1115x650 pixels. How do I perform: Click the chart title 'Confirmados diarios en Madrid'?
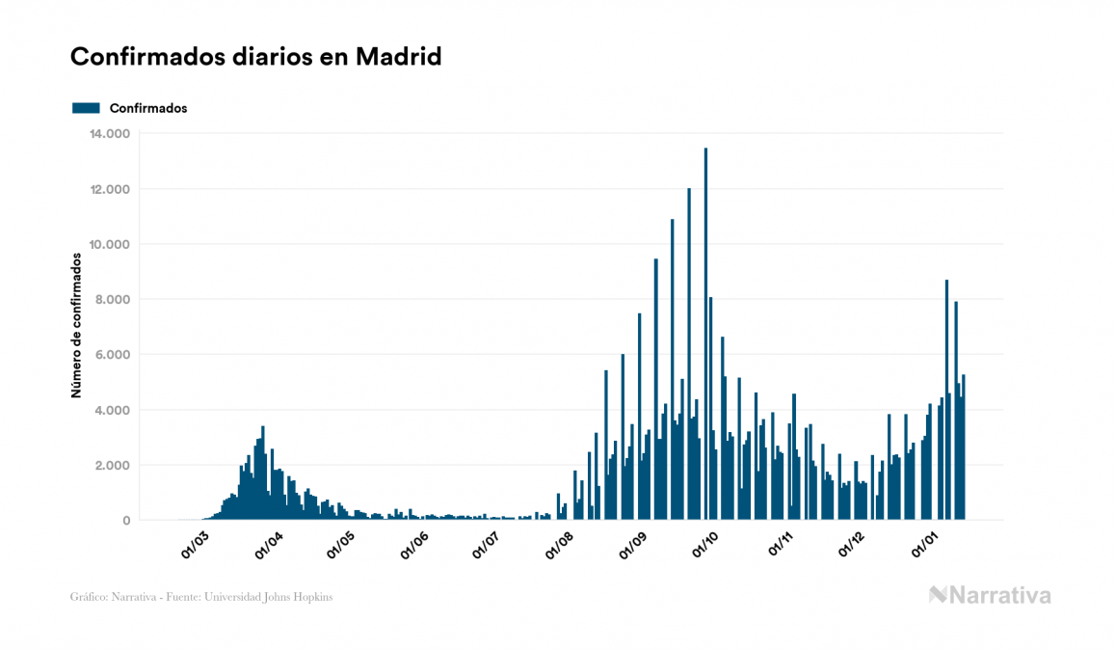[x=255, y=57]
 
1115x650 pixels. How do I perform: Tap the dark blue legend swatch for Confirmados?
[x=86, y=108]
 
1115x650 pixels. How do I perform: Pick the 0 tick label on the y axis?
[x=125, y=521]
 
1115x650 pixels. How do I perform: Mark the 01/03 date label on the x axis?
[x=195, y=544]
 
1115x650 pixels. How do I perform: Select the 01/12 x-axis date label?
[x=854, y=544]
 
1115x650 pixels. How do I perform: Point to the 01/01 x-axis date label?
[x=927, y=544]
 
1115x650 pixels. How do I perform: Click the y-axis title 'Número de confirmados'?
[x=75, y=326]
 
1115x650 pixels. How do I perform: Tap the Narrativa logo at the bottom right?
[x=990, y=595]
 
